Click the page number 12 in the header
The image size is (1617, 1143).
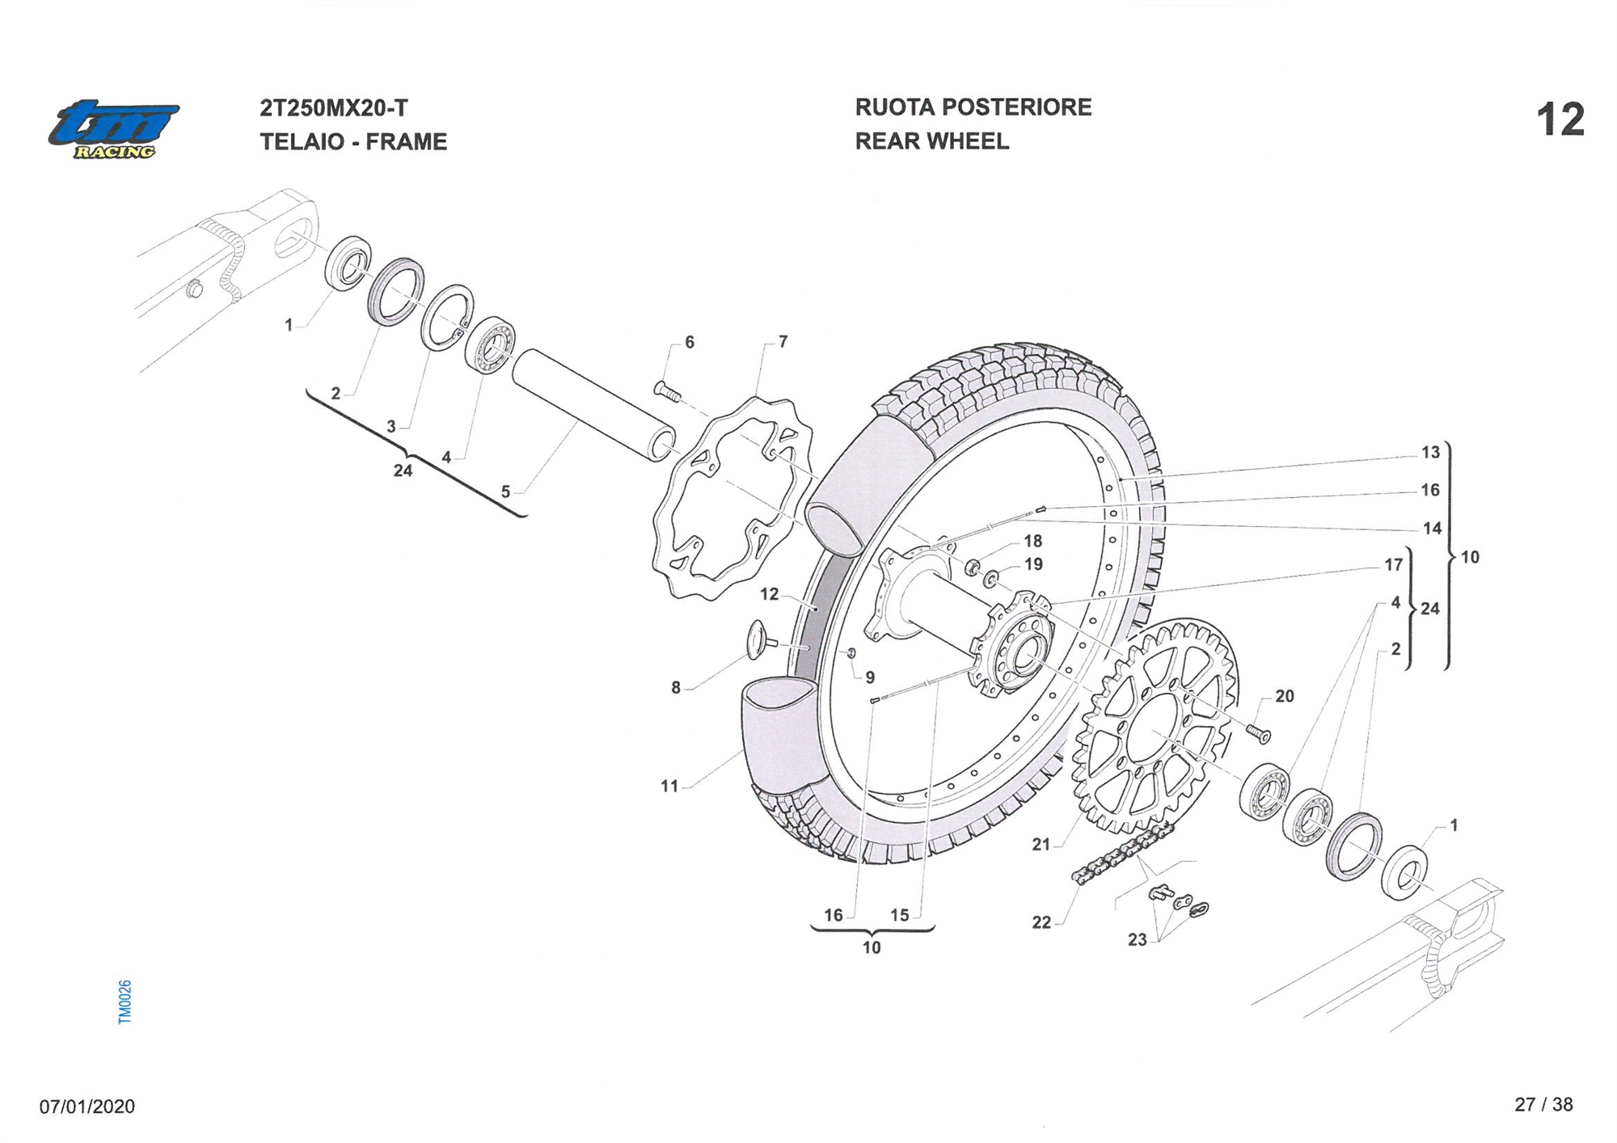pyautogui.click(x=1560, y=120)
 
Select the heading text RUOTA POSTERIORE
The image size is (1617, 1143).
pyautogui.click(x=973, y=108)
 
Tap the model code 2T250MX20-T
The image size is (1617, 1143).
pyautogui.click(x=333, y=108)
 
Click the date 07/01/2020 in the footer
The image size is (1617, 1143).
pyautogui.click(x=87, y=1106)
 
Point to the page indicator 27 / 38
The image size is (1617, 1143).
pyautogui.click(x=1543, y=1104)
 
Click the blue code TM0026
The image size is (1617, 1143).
pyautogui.click(x=125, y=1002)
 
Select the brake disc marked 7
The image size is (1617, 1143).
pyautogui.click(x=732, y=497)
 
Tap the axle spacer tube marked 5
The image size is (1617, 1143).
pyautogui.click(x=594, y=404)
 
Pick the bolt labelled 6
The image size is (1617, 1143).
pyautogui.click(x=668, y=391)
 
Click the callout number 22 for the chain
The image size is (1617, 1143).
pyautogui.click(x=1041, y=922)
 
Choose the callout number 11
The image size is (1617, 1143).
pyautogui.click(x=669, y=786)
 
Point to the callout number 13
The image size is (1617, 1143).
pyautogui.click(x=1430, y=452)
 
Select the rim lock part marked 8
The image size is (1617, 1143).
pyautogui.click(x=760, y=639)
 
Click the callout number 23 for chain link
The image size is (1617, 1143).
pyautogui.click(x=1137, y=939)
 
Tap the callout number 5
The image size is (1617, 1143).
pyautogui.click(x=505, y=491)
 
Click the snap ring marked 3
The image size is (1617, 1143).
pyautogui.click(x=446, y=318)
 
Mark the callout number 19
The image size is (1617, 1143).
pyautogui.click(x=1033, y=564)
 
